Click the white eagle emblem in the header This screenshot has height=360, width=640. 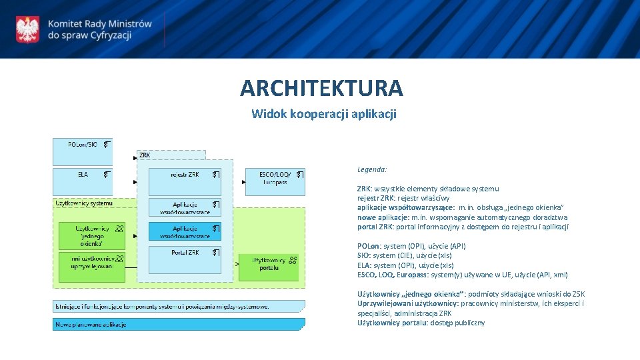click(27, 29)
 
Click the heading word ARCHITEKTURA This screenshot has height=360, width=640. click(321, 88)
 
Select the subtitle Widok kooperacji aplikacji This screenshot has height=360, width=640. click(323, 114)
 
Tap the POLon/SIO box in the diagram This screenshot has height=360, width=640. click(83, 151)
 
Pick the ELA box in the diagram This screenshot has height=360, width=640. click(83, 181)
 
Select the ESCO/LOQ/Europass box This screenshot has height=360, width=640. click(275, 181)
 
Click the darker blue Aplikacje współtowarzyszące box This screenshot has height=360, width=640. click(185, 231)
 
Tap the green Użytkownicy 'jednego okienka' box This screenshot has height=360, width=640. click(91, 235)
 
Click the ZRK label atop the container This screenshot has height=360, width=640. click(145, 155)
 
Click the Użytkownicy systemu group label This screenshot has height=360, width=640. click(84, 203)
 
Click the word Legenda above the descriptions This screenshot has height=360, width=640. click(372, 169)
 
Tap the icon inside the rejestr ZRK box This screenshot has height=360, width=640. click(215, 174)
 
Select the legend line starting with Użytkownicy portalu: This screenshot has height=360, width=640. click(421, 323)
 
